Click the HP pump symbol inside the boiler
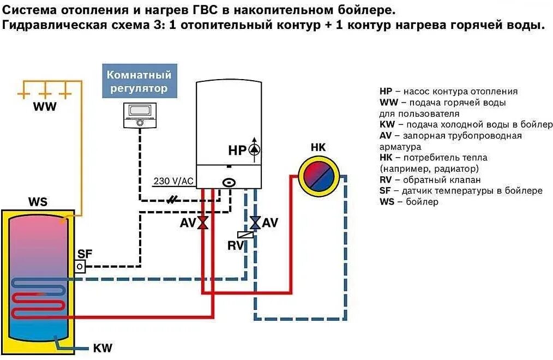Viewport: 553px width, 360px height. coord(255,149)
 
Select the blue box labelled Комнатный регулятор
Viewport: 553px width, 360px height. coord(139,81)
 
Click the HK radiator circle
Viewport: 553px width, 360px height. coord(318,176)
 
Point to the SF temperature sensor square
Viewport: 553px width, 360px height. coord(81,266)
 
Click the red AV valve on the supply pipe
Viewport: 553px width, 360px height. coord(202,223)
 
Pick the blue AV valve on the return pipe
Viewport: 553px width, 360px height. coord(255,223)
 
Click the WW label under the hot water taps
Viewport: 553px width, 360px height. coord(44,107)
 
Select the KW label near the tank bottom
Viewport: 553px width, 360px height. coord(103,348)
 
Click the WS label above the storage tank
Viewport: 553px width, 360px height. coord(38,202)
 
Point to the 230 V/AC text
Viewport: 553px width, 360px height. coord(173,181)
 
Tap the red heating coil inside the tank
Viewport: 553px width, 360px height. coord(38,305)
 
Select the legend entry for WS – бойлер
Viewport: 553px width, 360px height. coord(408,202)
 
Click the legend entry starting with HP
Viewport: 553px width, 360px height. coord(448,91)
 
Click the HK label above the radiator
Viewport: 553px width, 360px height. coord(318,147)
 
